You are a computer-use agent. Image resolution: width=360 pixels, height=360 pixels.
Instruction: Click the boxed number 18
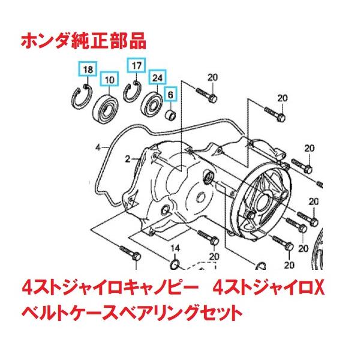pyautogui.click(x=88, y=70)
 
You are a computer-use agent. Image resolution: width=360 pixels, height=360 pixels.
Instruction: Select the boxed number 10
pyautogui.click(x=109, y=80)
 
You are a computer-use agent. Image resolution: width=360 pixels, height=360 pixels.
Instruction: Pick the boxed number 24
pyautogui.click(x=157, y=77)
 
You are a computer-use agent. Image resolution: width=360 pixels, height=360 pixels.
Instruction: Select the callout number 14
pyautogui.click(x=176, y=248)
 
